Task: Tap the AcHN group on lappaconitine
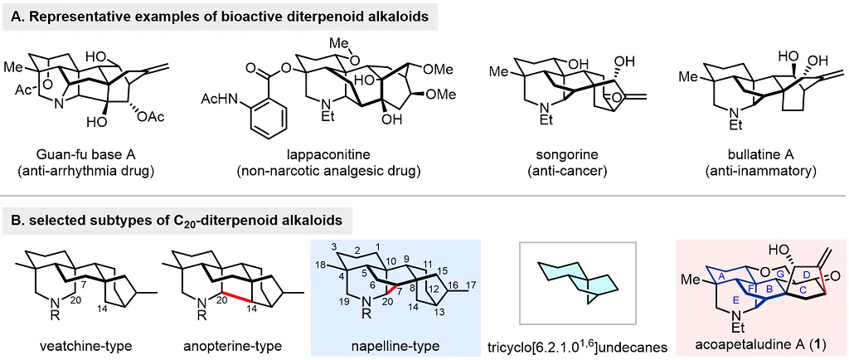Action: (x=217, y=100)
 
